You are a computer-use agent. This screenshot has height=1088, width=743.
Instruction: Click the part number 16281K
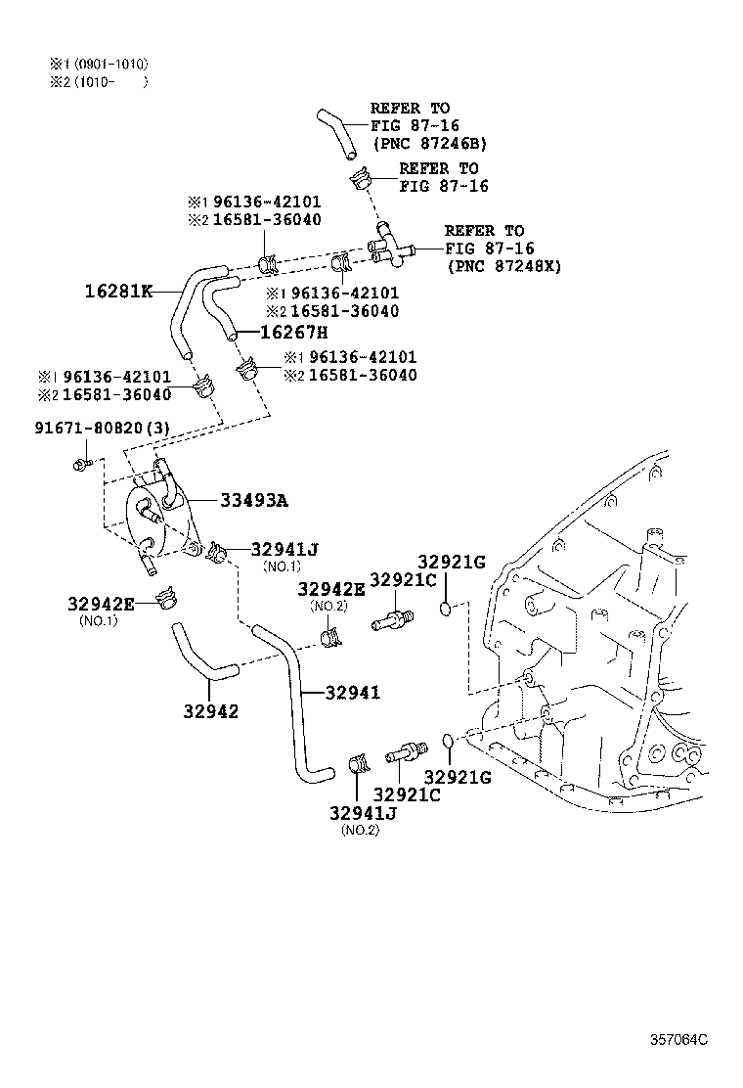click(x=116, y=291)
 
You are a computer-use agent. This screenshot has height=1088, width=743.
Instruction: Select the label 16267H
click(x=292, y=333)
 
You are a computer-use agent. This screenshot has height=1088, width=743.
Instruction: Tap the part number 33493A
click(x=253, y=501)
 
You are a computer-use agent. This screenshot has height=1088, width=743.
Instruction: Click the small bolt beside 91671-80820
click(x=82, y=462)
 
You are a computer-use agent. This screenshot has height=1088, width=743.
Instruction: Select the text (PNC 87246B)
click(x=429, y=143)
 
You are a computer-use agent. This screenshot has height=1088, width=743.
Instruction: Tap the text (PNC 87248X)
click(x=504, y=265)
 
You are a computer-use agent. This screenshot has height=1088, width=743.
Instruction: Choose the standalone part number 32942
click(x=209, y=711)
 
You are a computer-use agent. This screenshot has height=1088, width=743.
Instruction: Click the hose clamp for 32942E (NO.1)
click(x=169, y=597)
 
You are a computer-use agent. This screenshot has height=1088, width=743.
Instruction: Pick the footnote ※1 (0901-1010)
click(x=99, y=65)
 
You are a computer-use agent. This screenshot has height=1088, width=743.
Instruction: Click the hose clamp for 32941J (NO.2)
click(x=357, y=763)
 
